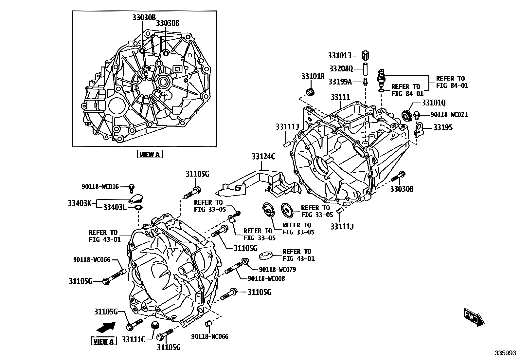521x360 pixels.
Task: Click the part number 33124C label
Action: [263, 157]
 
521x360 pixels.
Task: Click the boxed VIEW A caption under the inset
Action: [150, 154]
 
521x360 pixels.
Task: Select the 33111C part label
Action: [134, 339]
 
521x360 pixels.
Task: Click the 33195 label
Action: [443, 127]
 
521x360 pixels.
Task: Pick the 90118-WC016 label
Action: [100, 187]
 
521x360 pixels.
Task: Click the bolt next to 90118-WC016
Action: [132, 187]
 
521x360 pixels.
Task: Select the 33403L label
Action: [115, 207]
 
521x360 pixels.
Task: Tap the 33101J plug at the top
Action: [366, 55]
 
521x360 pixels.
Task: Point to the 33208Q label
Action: [341, 69]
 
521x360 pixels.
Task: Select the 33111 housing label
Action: [340, 97]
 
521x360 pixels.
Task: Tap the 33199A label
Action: [340, 82]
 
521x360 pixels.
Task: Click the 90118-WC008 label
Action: [266, 279]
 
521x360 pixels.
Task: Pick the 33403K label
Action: [80, 203]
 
